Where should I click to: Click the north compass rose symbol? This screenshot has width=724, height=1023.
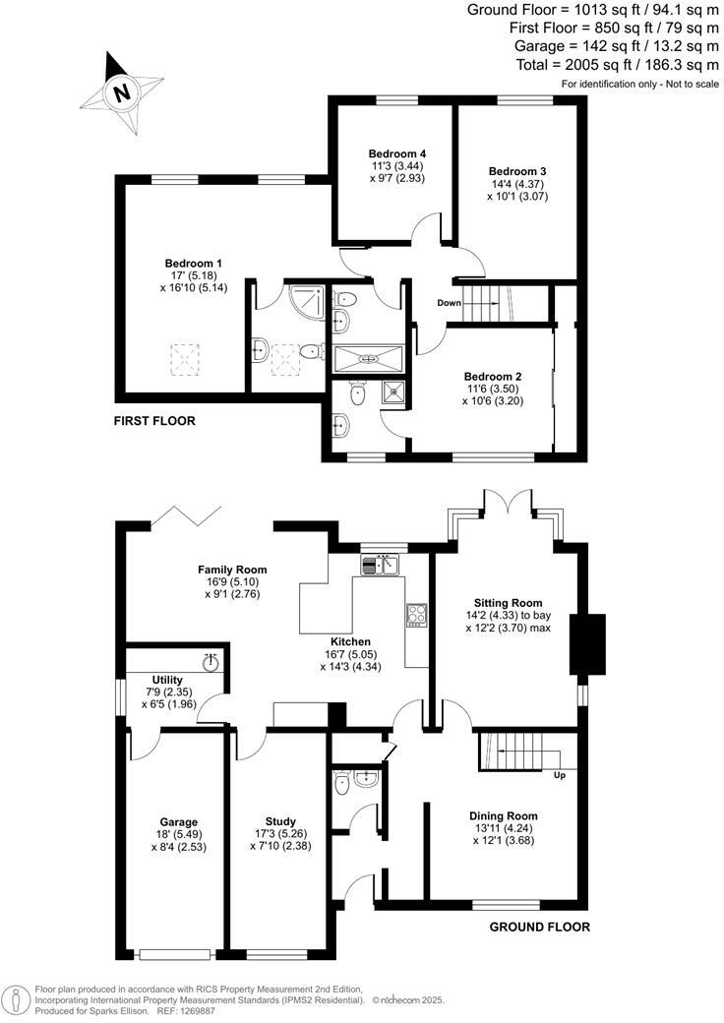click(121, 93)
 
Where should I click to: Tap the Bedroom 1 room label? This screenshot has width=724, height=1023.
click(193, 264)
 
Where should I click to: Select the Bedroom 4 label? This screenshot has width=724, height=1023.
click(396, 154)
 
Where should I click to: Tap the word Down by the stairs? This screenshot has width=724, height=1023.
click(450, 303)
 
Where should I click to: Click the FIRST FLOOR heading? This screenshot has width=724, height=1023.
click(154, 421)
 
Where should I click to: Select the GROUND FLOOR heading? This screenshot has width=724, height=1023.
click(539, 927)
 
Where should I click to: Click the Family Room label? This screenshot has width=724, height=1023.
click(232, 570)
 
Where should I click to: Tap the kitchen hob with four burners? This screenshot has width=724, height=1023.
click(416, 615)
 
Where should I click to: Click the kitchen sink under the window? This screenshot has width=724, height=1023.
click(379, 565)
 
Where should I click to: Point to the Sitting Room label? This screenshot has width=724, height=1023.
click(508, 602)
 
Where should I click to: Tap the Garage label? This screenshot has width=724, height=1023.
click(179, 822)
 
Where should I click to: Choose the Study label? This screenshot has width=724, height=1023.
click(280, 821)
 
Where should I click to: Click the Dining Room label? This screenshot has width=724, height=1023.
click(503, 815)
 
